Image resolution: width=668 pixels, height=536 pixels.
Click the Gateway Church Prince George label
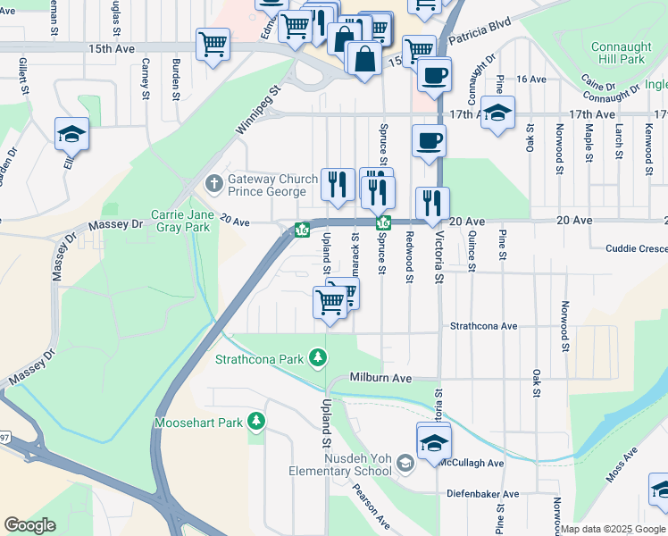click(x=272, y=186)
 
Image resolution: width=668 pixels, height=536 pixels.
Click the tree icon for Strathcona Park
click(x=317, y=359)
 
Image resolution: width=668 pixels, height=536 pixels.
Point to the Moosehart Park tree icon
click(x=257, y=420)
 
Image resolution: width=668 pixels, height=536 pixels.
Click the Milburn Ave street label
click(x=380, y=379)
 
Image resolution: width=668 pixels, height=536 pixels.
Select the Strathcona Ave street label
click(x=484, y=327)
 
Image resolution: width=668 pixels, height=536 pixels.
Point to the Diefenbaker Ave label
click(x=485, y=494)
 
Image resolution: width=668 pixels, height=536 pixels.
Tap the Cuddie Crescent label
click(x=637, y=249)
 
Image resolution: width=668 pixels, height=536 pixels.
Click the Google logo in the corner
click(x=29, y=524)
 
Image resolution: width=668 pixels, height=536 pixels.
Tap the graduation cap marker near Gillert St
click(x=71, y=135)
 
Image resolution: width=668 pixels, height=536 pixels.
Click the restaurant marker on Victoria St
click(x=432, y=205)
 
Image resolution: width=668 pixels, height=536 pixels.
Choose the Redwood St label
click(x=409, y=256)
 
